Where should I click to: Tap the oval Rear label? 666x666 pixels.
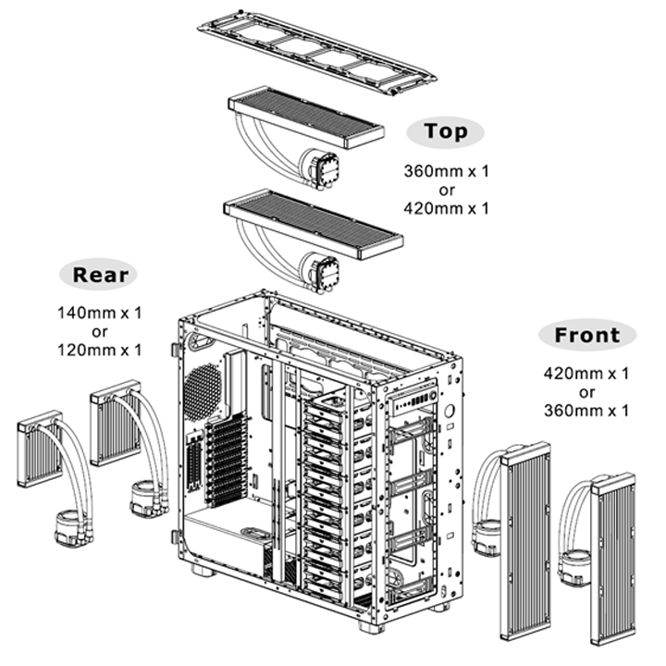coord(98,274)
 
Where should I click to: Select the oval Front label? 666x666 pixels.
coord(587,335)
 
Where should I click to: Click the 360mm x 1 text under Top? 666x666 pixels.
coord(446,172)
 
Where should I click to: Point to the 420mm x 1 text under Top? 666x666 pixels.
coord(446,209)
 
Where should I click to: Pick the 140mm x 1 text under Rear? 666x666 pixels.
coord(98,314)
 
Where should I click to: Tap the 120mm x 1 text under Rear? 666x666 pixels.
coord(98,350)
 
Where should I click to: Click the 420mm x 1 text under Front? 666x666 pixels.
coord(587,374)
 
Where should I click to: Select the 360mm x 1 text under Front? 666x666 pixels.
coord(587,409)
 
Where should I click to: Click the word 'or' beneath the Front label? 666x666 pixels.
coord(587,391)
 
